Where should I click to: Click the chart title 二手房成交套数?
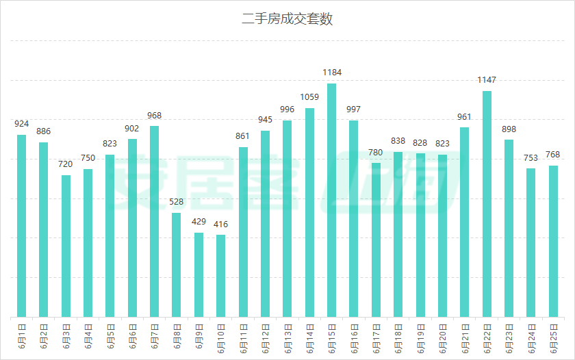coord(287,19)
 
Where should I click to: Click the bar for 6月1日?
coord(22,226)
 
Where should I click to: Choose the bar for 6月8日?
coord(177,265)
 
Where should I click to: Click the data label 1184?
coord(332,72)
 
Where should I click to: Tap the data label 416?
coord(220,224)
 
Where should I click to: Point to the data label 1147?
coord(487,80)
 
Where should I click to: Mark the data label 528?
coord(177,202)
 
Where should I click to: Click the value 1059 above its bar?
coord(309,97)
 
